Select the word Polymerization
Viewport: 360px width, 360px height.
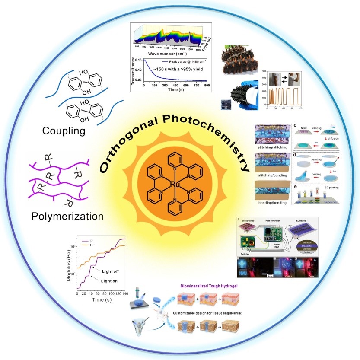click(x=68, y=216)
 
